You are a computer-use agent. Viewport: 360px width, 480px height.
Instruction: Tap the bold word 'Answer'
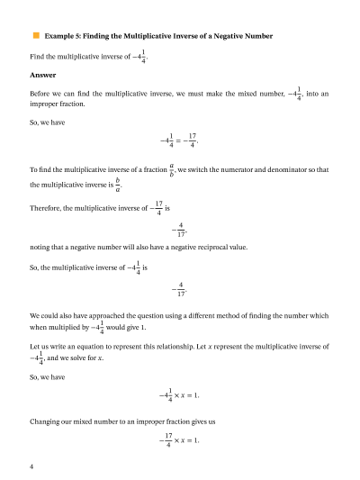click(42, 75)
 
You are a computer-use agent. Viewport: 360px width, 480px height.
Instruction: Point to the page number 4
click(31, 466)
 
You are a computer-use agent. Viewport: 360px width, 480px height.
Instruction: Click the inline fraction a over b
click(171, 169)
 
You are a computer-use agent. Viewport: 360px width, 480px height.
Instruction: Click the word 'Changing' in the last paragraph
click(47, 421)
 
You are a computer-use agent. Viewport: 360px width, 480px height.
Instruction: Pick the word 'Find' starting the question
click(38, 57)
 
